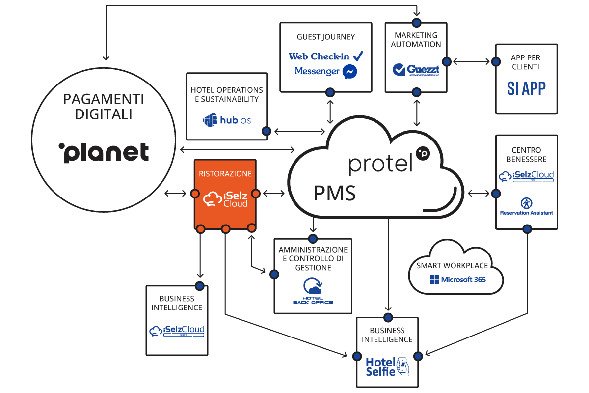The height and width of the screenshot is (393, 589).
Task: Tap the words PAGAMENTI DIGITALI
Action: [x=104, y=107]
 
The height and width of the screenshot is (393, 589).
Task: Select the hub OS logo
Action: [x=227, y=120]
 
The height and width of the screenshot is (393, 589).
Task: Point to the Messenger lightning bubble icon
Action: [x=349, y=72]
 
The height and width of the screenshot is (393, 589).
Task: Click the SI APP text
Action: [x=526, y=89]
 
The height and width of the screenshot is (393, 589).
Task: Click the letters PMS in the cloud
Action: [x=335, y=194]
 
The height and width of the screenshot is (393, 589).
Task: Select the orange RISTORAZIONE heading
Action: [x=225, y=173]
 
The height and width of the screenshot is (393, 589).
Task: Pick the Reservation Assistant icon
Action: [x=526, y=203]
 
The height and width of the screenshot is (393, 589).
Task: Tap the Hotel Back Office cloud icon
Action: [x=313, y=286]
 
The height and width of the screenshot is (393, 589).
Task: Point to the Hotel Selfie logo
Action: [x=387, y=366]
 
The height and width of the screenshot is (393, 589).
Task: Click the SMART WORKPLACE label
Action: [x=453, y=265]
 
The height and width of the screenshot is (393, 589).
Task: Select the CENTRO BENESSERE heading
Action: [x=526, y=154]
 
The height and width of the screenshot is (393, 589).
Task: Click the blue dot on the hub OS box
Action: [x=267, y=131]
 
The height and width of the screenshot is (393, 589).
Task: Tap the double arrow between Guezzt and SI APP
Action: [x=471, y=62]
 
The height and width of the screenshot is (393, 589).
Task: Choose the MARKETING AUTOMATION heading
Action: [x=416, y=39]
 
